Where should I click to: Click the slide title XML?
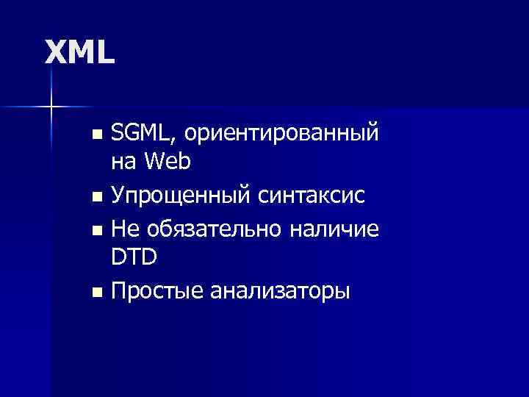[80, 51]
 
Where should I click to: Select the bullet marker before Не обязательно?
[97, 231]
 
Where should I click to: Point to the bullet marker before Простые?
[97, 293]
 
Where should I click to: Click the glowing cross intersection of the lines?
[51, 107]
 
